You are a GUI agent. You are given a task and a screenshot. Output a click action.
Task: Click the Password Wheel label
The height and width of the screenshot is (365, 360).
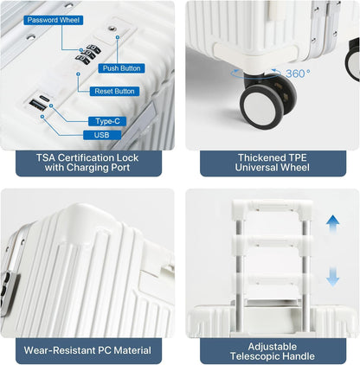54,20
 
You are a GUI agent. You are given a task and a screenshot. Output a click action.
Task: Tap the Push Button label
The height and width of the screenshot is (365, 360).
121,68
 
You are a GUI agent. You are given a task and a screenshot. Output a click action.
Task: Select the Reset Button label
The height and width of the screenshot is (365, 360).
114,92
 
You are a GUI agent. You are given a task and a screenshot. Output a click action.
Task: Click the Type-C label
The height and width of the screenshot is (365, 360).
107,121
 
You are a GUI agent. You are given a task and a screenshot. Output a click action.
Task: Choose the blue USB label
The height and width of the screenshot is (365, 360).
102,135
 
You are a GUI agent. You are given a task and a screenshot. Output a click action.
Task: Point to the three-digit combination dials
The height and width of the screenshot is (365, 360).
88,54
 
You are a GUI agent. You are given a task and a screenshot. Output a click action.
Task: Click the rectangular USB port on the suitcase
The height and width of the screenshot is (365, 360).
37,105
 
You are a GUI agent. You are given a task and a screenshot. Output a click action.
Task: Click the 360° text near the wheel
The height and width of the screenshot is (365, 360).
298,74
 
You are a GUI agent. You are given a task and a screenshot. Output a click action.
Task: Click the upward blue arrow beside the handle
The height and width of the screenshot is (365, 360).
332,226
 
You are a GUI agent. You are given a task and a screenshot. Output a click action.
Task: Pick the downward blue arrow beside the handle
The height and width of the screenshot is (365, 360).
332,276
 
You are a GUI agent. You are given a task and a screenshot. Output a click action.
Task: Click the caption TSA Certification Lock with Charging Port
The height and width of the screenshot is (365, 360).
87,163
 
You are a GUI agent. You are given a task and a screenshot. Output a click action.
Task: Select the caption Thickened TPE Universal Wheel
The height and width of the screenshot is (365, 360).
273,163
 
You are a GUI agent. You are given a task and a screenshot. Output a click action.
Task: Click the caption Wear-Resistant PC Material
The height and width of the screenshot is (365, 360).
87,350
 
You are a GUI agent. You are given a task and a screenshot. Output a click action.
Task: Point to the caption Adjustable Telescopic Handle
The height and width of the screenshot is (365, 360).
273,351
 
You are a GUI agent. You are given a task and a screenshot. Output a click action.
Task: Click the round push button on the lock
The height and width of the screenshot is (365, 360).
112,29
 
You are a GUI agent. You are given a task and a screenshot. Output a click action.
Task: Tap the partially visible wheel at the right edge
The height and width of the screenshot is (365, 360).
352,59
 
